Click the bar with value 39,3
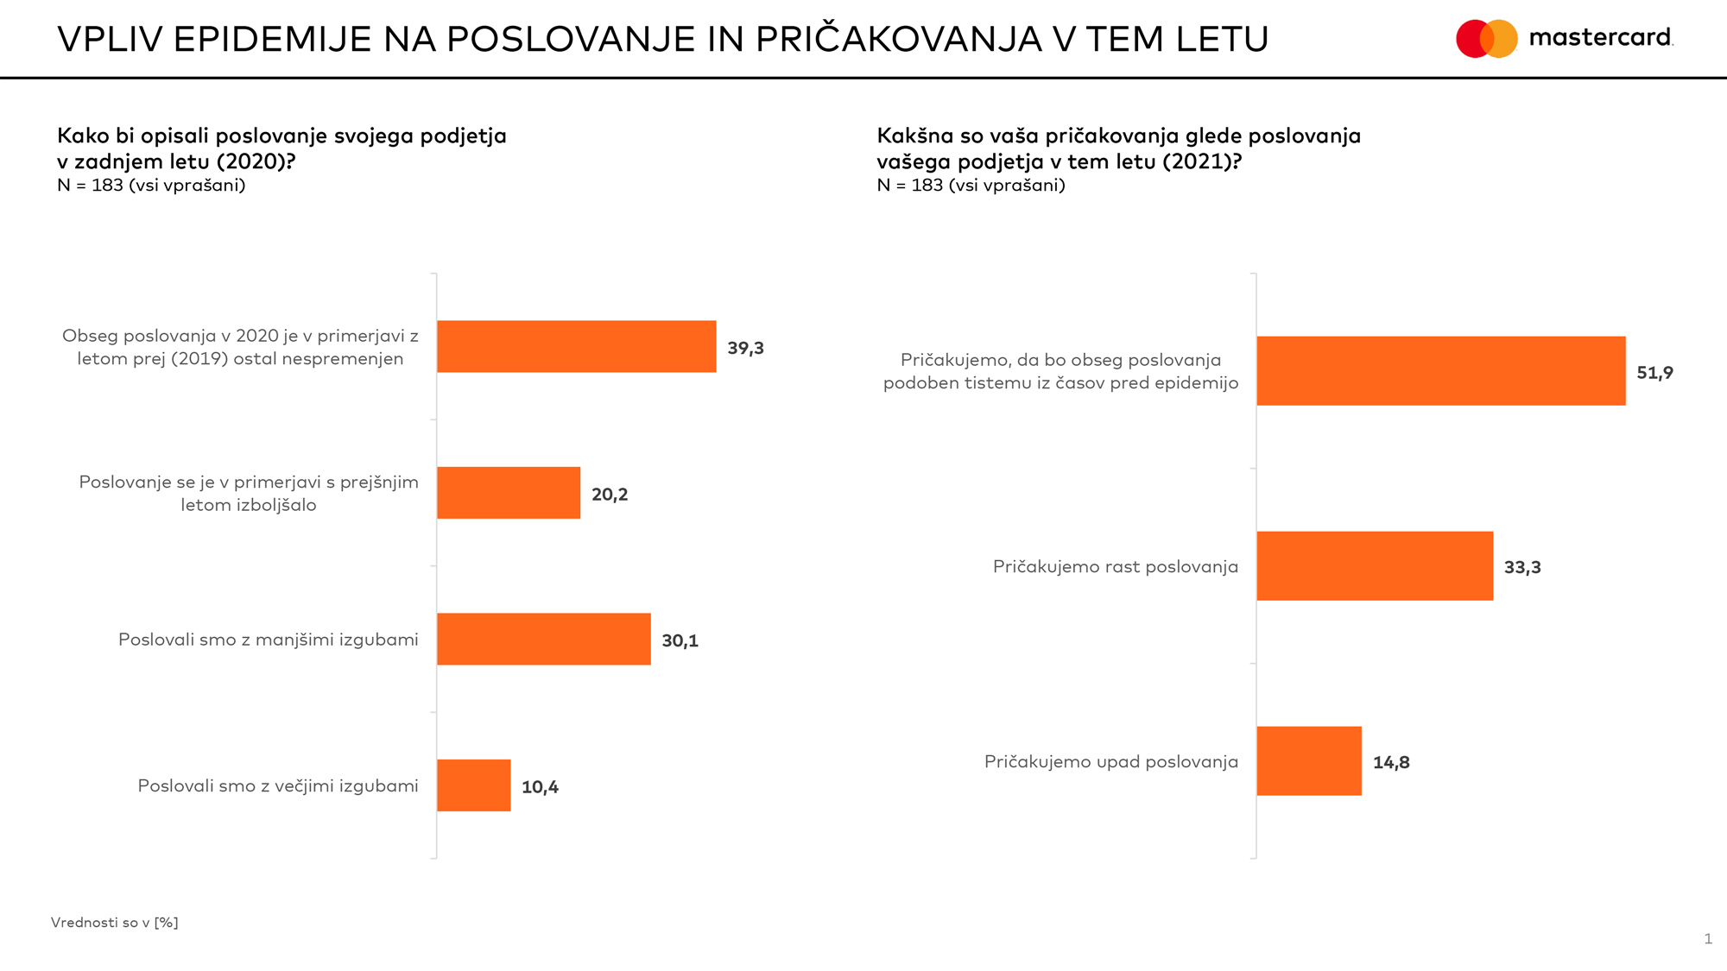pos(576,346)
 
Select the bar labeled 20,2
pos(509,493)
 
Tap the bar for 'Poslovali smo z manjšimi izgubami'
pos(543,639)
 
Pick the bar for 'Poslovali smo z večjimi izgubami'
pos(473,785)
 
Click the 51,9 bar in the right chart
pos(1440,371)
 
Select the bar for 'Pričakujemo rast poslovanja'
pos(1375,566)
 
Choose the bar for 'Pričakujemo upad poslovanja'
pos(1309,761)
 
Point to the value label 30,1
pos(680,640)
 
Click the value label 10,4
pos(540,787)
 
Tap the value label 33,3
pos(1522,568)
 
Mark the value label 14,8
pos(1391,763)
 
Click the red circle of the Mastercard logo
pos(1471,39)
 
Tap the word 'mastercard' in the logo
pos(1600,38)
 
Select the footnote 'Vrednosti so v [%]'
pos(115,923)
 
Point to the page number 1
pos(1708,939)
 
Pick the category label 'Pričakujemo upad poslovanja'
pos(1111,761)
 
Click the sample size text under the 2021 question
pos(971,186)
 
